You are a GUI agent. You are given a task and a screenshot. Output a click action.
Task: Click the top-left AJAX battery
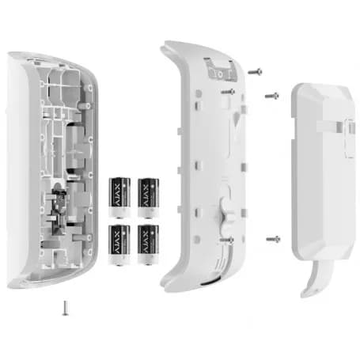point(119,198)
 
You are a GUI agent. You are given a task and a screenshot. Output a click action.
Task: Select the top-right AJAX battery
point(148,198)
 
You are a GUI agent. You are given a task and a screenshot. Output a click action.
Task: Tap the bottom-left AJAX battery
point(119,245)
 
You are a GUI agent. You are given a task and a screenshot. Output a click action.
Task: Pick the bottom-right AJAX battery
point(148,244)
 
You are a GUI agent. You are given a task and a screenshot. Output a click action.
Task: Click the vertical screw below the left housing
point(65,308)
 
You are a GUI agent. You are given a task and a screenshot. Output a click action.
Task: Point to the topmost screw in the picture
point(255,71)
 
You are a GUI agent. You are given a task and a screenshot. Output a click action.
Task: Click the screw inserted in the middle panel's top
point(229,92)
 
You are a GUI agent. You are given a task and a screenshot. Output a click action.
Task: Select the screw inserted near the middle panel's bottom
point(227,240)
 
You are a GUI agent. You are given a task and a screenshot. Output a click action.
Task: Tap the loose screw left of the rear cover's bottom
point(273,239)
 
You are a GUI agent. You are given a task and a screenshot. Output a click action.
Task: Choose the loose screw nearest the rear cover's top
point(272,96)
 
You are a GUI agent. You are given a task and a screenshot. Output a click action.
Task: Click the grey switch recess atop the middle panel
point(221,70)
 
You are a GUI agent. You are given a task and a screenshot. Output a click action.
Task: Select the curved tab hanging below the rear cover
point(316,278)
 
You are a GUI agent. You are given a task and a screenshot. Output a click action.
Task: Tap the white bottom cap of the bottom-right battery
point(148,260)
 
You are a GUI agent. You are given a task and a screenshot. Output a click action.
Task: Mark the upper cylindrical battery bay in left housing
point(75,149)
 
